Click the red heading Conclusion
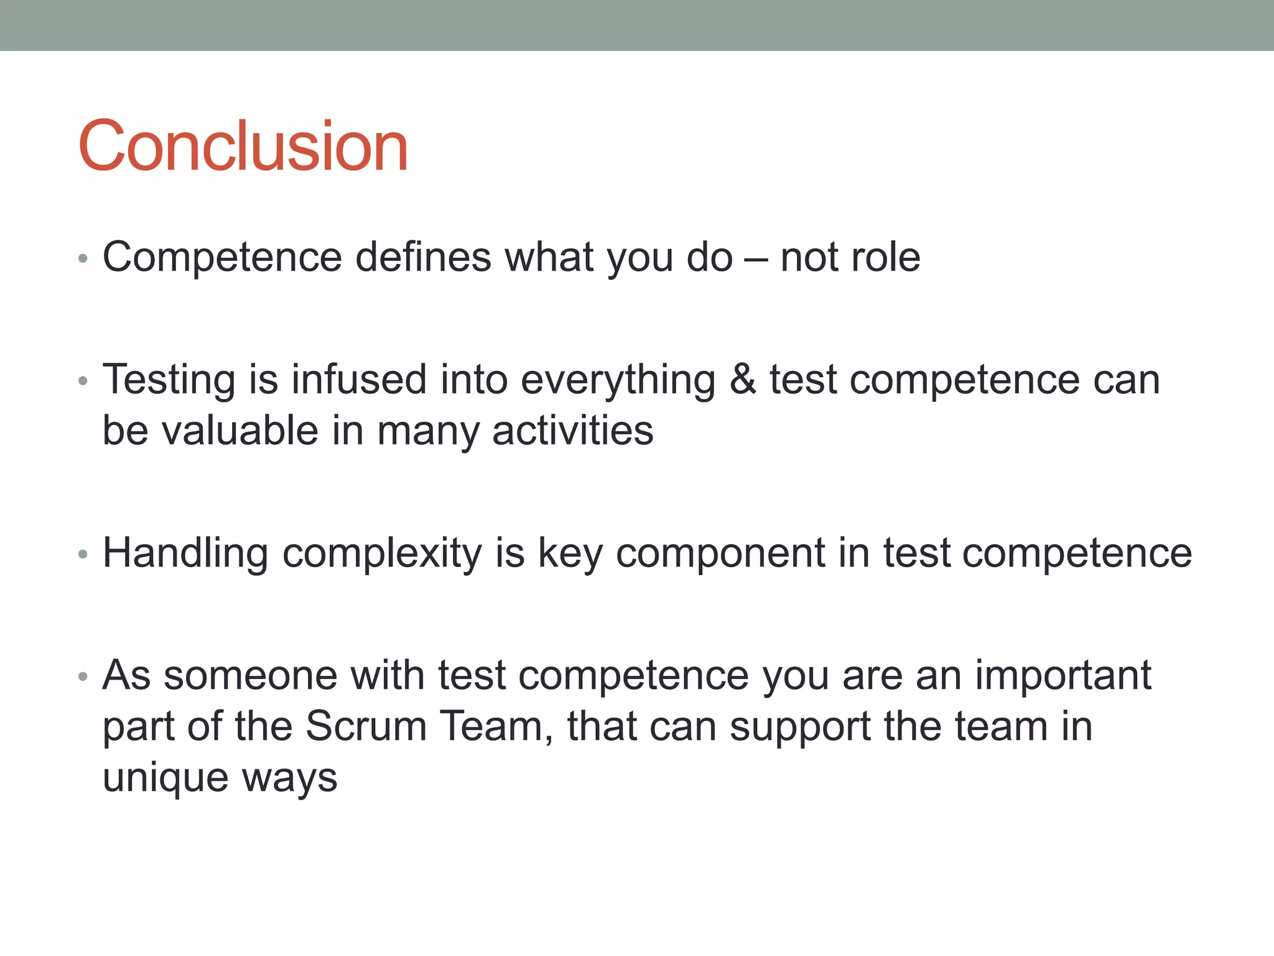tap(243, 146)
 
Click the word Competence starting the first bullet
tap(222, 257)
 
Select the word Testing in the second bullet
tap(169, 380)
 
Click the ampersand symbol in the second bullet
tap(743, 380)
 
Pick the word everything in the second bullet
tap(618, 380)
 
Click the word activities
tap(573, 431)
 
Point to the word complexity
tap(382, 553)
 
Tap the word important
tap(1063, 675)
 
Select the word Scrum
tap(366, 726)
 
